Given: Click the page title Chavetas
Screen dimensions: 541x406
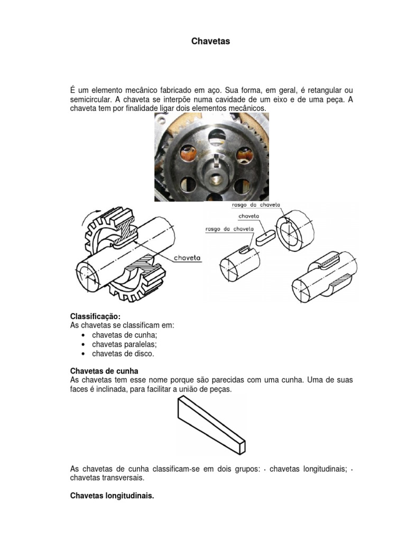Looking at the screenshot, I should click(210, 41).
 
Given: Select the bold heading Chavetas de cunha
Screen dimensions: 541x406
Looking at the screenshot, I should click(104, 371).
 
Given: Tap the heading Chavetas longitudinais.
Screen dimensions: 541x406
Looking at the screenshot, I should click(112, 496).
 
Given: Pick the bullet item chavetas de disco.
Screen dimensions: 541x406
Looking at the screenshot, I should click(123, 353).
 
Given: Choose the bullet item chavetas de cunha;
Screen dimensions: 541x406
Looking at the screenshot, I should click(125, 335).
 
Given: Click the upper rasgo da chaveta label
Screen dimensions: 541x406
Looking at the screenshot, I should click(255, 204).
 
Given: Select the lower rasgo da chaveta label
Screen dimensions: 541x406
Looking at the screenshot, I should click(230, 229).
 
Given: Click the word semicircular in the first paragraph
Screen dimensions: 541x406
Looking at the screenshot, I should click(89, 99).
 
